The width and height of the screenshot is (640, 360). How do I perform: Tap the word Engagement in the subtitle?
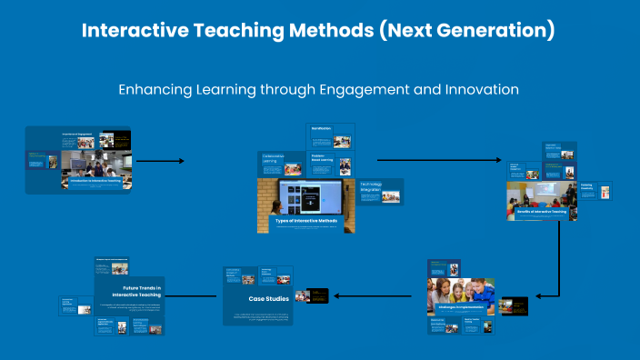[340, 90]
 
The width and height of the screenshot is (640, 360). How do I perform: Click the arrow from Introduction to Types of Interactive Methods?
[160, 161]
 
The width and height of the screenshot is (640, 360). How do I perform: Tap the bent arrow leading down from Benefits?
[557, 264]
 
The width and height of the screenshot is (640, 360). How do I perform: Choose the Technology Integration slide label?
[370, 186]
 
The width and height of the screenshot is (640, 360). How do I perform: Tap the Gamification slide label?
[321, 129]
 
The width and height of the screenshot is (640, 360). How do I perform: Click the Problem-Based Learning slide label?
[323, 157]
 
